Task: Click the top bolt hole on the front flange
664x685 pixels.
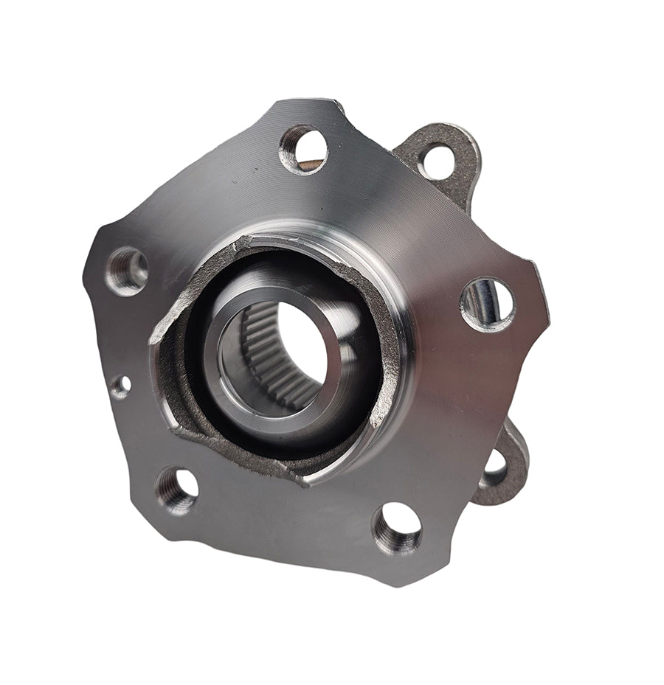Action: (x=303, y=149)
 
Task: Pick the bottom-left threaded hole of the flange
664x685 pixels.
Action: (x=177, y=490)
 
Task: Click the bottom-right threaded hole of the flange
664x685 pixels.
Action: (x=397, y=529)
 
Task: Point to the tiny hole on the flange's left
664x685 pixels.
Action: (x=120, y=386)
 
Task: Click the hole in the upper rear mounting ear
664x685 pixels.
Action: (x=438, y=160)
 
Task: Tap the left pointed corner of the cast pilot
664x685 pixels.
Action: (x=152, y=341)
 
